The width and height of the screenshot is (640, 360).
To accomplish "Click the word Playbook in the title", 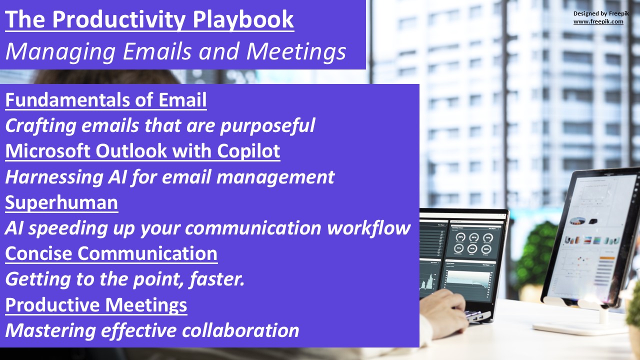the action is (x=243, y=19).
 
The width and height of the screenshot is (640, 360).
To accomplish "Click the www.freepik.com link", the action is (x=598, y=21).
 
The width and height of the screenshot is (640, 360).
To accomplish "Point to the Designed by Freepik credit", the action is (x=601, y=13).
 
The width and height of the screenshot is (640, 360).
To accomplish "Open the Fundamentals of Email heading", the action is (x=106, y=99).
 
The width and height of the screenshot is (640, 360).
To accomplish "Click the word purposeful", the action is (x=267, y=125).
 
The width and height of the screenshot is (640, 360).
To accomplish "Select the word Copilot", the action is (x=248, y=151).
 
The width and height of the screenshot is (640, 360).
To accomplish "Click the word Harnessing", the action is (x=54, y=177).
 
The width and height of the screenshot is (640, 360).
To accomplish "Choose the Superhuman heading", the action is (x=61, y=202).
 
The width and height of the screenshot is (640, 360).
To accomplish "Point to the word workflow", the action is (x=368, y=228).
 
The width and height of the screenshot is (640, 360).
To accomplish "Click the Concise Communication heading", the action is (x=111, y=253).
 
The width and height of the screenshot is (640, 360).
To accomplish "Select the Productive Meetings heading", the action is (x=96, y=305).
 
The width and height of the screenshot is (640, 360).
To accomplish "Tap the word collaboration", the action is (x=240, y=330).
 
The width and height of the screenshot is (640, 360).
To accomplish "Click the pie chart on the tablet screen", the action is (x=577, y=220).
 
